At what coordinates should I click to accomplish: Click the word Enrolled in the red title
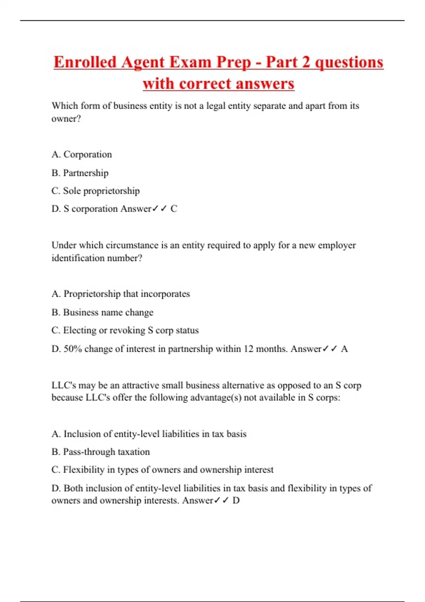[x=85, y=62]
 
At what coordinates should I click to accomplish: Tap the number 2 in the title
[x=305, y=62]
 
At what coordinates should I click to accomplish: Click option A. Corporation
[x=81, y=154]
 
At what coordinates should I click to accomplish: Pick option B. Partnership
[x=80, y=173]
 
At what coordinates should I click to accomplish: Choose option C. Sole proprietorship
[x=95, y=191]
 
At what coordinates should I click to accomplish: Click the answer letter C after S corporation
[x=174, y=209]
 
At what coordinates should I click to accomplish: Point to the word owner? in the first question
[x=66, y=119]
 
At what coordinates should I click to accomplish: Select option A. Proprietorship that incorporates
[x=120, y=294]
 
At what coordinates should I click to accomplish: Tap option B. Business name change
[x=102, y=312]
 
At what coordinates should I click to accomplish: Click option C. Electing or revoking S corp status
[x=125, y=330]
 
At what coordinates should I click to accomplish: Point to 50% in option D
[x=73, y=349]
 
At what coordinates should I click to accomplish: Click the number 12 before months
[x=249, y=349]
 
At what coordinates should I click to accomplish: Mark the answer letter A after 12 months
[x=344, y=349]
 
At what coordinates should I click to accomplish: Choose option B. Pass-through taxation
[x=101, y=452]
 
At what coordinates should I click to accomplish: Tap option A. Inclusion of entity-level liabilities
[x=149, y=434]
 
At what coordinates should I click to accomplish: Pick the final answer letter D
[x=236, y=501]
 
